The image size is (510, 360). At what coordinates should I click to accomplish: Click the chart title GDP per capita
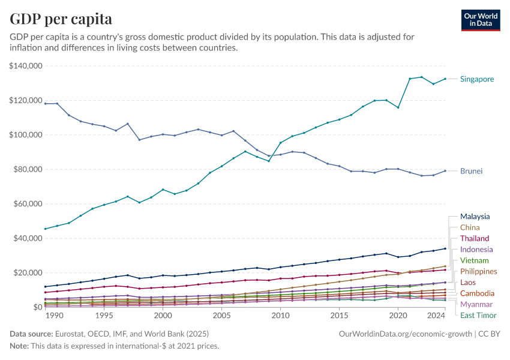point(61,19)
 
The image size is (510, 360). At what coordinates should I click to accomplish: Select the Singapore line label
point(477,79)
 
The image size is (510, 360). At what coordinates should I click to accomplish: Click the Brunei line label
point(471,171)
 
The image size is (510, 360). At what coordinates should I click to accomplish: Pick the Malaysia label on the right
point(475,217)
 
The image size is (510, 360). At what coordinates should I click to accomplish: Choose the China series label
point(469,227)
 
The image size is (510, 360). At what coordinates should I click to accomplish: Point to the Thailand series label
point(475,238)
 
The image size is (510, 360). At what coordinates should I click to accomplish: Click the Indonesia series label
point(476,249)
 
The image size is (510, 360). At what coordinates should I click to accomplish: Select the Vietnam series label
point(474,260)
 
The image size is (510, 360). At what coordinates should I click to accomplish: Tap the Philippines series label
point(478,271)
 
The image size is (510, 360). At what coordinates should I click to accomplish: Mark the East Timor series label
point(478,315)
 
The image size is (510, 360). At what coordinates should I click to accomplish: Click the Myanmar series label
point(476,304)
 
